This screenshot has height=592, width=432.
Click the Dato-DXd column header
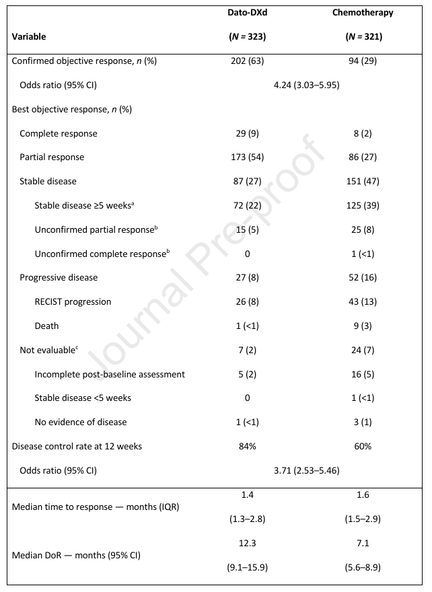pyautogui.click(x=247, y=13)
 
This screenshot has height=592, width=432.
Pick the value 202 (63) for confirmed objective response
pyautogui.click(x=247, y=61)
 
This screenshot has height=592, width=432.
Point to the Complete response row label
pyautogui.click(x=58, y=133)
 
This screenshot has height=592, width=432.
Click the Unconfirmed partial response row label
pyautogui.click(x=94, y=229)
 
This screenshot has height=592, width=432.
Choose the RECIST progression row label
pyautogui.click(x=73, y=301)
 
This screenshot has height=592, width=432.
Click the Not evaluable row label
pyautogui.click(x=49, y=350)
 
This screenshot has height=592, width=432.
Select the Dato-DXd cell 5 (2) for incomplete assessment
pyautogui.click(x=247, y=374)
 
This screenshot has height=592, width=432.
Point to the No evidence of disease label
pyautogui.click(x=80, y=422)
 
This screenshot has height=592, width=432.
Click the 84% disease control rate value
pyautogui.click(x=247, y=446)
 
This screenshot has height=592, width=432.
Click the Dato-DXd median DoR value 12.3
pyautogui.click(x=247, y=543)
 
